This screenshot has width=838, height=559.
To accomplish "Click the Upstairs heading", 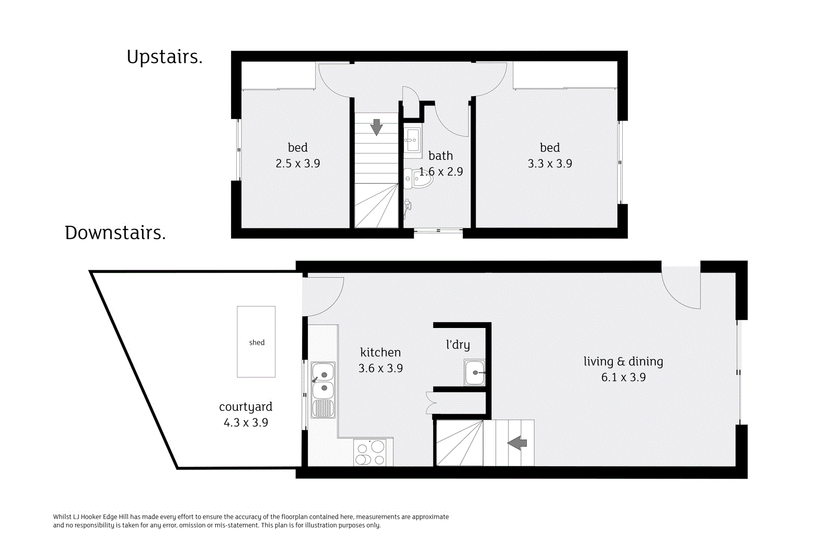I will (x=164, y=57).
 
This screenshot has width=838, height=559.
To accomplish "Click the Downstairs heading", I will (x=115, y=233).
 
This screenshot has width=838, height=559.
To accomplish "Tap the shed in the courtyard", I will (x=256, y=342).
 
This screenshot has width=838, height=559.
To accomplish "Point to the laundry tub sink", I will (x=475, y=372).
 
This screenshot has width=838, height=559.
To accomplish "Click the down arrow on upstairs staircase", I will (x=377, y=127).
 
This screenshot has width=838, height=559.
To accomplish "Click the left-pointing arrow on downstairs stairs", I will (x=517, y=443).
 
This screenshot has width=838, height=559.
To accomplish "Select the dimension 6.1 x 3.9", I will (x=623, y=377).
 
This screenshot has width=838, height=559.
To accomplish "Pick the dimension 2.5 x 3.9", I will (x=297, y=163).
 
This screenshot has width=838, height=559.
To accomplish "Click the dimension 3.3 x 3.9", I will (x=549, y=163).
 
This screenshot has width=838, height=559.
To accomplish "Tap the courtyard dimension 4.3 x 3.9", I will (x=246, y=422).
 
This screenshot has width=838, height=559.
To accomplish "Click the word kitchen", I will (x=380, y=352).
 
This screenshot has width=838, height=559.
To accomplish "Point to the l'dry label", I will (x=458, y=344).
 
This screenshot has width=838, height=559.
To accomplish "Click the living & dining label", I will (x=623, y=361).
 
